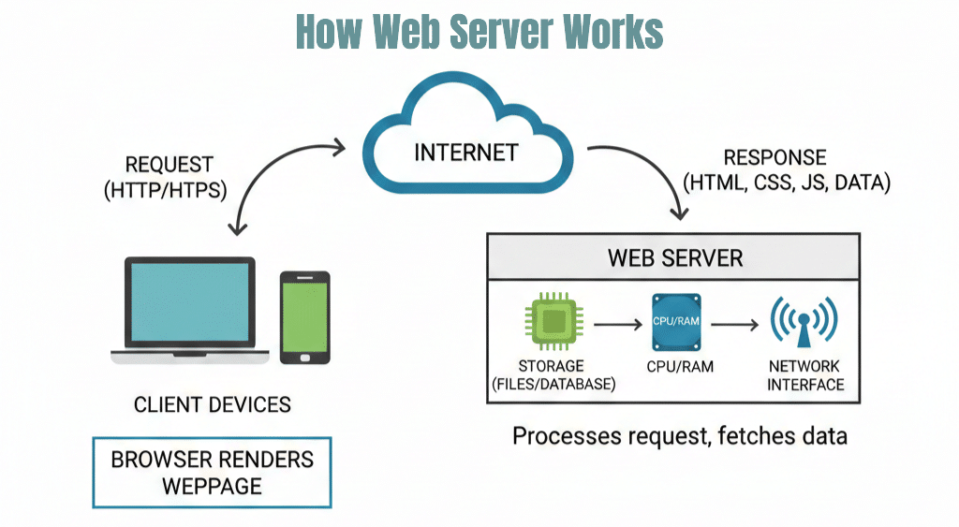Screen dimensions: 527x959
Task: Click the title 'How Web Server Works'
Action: pyautogui.click(x=479, y=31)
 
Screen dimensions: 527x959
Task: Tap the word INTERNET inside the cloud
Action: pyautogui.click(x=465, y=151)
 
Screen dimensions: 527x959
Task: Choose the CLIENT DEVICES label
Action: pyautogui.click(x=213, y=404)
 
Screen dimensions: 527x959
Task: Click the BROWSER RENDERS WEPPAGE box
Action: pyautogui.click(x=213, y=472)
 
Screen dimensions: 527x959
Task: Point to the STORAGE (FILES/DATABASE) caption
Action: pyautogui.click(x=552, y=374)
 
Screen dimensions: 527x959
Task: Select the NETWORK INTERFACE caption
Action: pyautogui.click(x=805, y=374)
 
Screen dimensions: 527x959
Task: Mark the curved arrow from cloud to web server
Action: pyautogui.click(x=651, y=173)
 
